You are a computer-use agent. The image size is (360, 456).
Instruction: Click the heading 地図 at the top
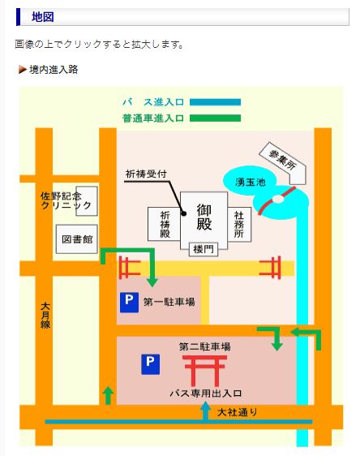coord(43,17)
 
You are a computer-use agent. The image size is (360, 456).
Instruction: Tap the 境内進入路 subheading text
coord(54,70)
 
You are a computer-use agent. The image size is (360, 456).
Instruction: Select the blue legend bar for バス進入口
coord(215,102)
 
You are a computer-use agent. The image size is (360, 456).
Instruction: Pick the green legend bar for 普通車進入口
coord(215,118)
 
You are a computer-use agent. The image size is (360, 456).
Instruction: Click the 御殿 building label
coord(204,217)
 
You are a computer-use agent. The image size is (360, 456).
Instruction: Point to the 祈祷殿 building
coord(164,224)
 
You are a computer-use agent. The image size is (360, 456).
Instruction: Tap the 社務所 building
coord(239,224)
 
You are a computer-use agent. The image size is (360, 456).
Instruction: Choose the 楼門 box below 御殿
coord(204,249)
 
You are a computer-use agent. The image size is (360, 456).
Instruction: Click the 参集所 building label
coord(282,160)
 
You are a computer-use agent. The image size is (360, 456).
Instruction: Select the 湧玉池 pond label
coord(251,182)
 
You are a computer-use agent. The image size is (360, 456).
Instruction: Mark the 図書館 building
coord(77,239)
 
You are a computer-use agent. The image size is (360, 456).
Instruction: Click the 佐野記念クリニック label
coord(66,200)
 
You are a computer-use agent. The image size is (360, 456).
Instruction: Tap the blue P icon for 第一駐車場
coord(129,303)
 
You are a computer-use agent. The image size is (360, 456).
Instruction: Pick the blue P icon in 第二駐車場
coord(150,364)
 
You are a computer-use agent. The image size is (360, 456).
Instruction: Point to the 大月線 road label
coord(45,316)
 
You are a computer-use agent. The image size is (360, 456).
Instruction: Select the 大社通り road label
coord(237,412)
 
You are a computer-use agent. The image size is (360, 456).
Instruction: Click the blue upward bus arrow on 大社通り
coord(205,411)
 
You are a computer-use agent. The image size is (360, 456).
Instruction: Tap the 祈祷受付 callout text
coord(146,174)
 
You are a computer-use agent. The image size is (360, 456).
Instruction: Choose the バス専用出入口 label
coord(206,394)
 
